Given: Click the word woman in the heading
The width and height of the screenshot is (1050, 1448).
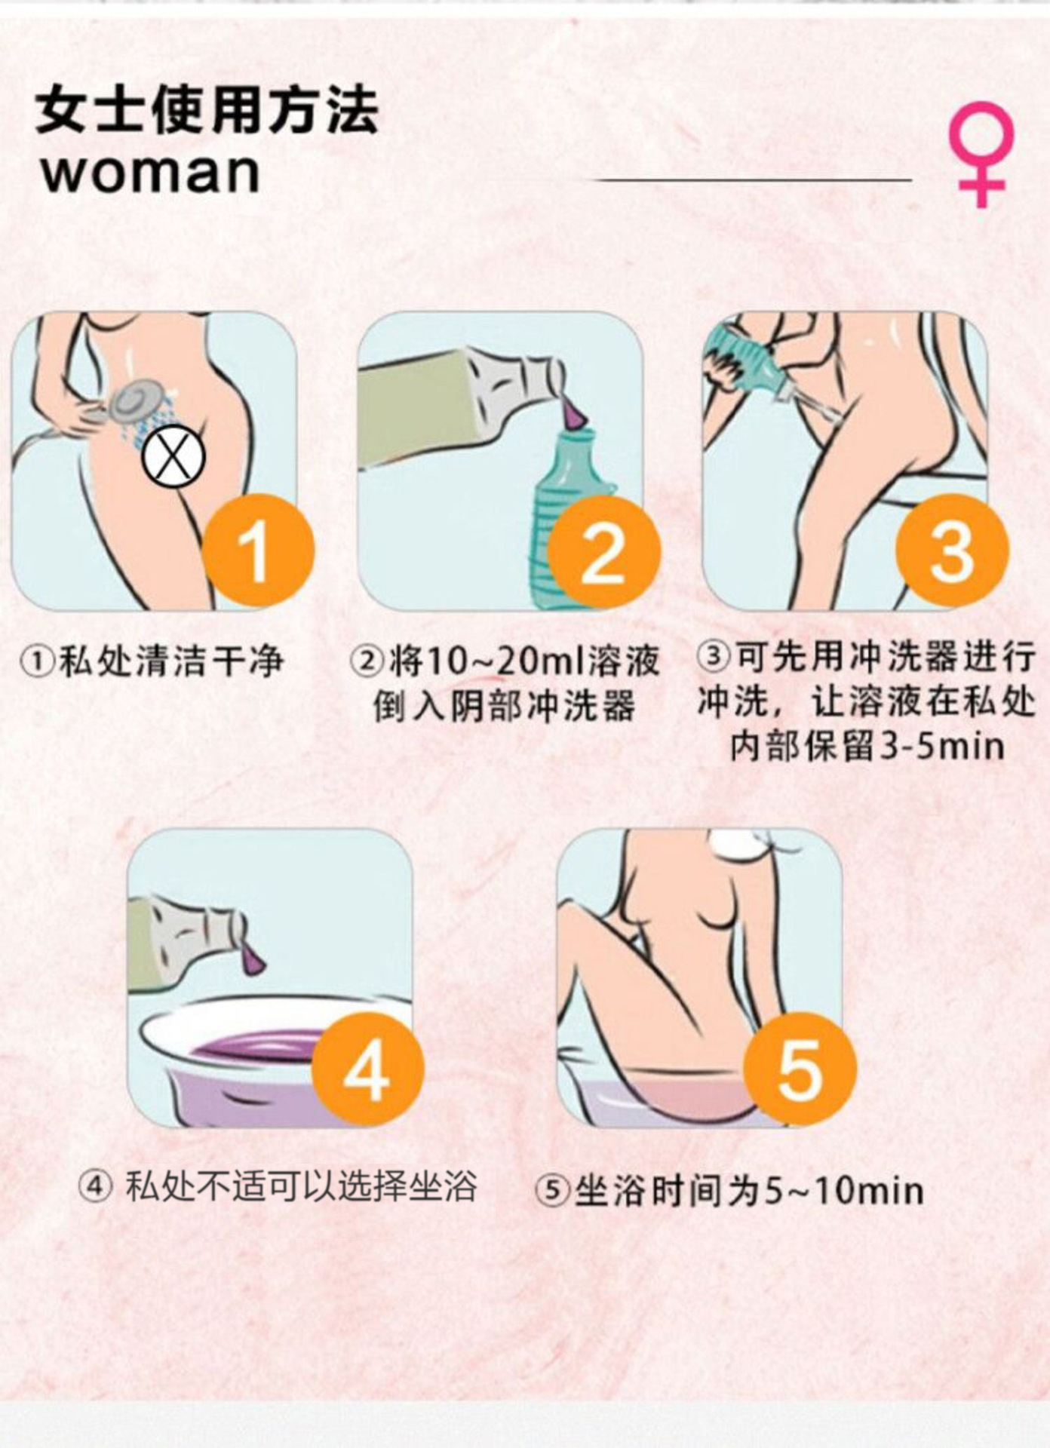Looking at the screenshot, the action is coord(151,173).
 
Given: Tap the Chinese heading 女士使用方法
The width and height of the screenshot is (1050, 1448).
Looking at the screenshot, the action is coord(207,111).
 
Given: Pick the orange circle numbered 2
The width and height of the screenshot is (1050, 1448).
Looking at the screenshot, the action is coord(603,553).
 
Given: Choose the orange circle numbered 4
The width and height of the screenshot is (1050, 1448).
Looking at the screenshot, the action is coord(367,1069).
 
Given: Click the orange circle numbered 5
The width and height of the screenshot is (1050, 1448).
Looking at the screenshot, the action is coord(800,1069).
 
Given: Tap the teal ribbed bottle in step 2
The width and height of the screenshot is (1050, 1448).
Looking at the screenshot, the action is coord(565,513).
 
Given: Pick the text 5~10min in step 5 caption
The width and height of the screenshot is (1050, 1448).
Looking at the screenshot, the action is coord(844,1191).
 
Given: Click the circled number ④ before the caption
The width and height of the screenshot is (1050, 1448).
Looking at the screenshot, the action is coord(96,1188).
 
